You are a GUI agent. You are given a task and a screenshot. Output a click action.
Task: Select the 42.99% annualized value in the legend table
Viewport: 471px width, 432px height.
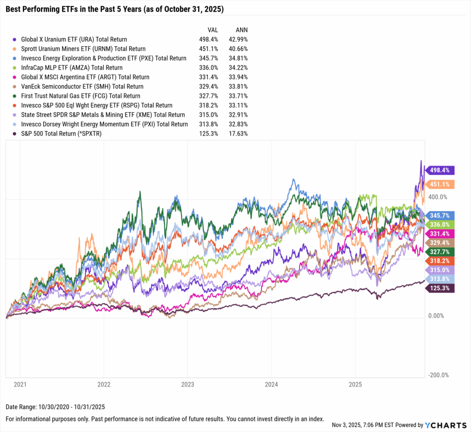[x=238, y=40]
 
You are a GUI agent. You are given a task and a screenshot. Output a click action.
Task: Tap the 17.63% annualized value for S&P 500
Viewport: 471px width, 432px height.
[x=238, y=133]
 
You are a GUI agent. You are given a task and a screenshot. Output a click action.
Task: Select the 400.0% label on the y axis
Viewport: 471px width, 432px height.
[x=438, y=197]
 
